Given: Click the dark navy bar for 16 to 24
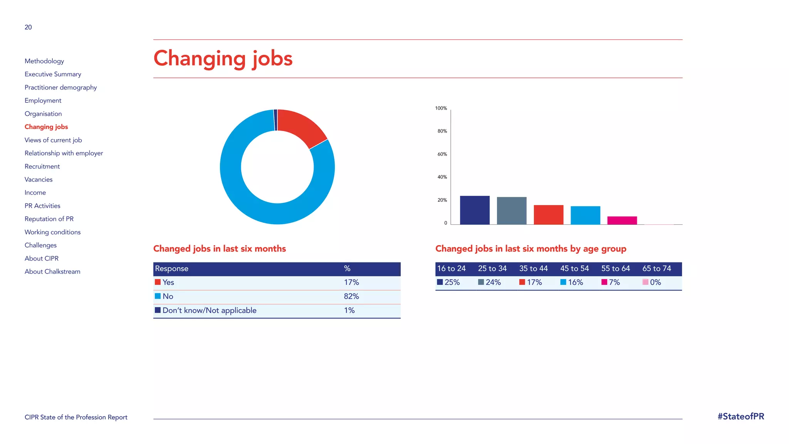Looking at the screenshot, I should click(475, 210).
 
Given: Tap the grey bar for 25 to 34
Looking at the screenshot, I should click(512, 211).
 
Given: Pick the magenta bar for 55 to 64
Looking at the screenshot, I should click(622, 220).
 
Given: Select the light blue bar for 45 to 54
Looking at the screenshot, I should click(585, 215).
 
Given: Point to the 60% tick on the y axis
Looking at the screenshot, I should click(442, 154).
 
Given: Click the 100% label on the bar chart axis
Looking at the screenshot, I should click(441, 108).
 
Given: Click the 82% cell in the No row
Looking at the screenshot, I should click(351, 296).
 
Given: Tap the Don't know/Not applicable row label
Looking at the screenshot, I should click(209, 311).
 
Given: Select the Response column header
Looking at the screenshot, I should click(172, 269).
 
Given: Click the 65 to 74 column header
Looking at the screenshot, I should click(656, 269).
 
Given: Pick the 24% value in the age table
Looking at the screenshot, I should click(493, 283).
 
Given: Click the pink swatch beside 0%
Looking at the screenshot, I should click(645, 282).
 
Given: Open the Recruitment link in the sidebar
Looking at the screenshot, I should click(42, 166).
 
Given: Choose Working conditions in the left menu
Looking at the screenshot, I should click(53, 232).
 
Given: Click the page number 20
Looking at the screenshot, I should click(28, 27).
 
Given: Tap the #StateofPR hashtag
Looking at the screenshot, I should click(740, 417).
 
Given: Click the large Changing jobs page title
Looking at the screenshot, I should click(223, 59).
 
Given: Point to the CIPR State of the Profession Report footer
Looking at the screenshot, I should click(76, 417).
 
